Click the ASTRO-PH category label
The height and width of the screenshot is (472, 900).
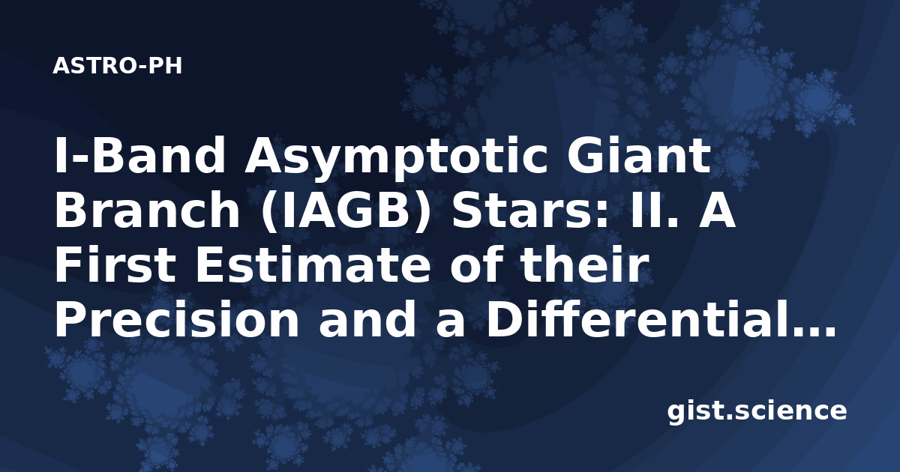click(117, 66)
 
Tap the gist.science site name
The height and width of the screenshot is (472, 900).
click(757, 412)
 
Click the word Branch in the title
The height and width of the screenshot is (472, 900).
click(148, 210)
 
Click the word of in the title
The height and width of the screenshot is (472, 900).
click(475, 264)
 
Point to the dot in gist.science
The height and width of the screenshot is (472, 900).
click(728, 417)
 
